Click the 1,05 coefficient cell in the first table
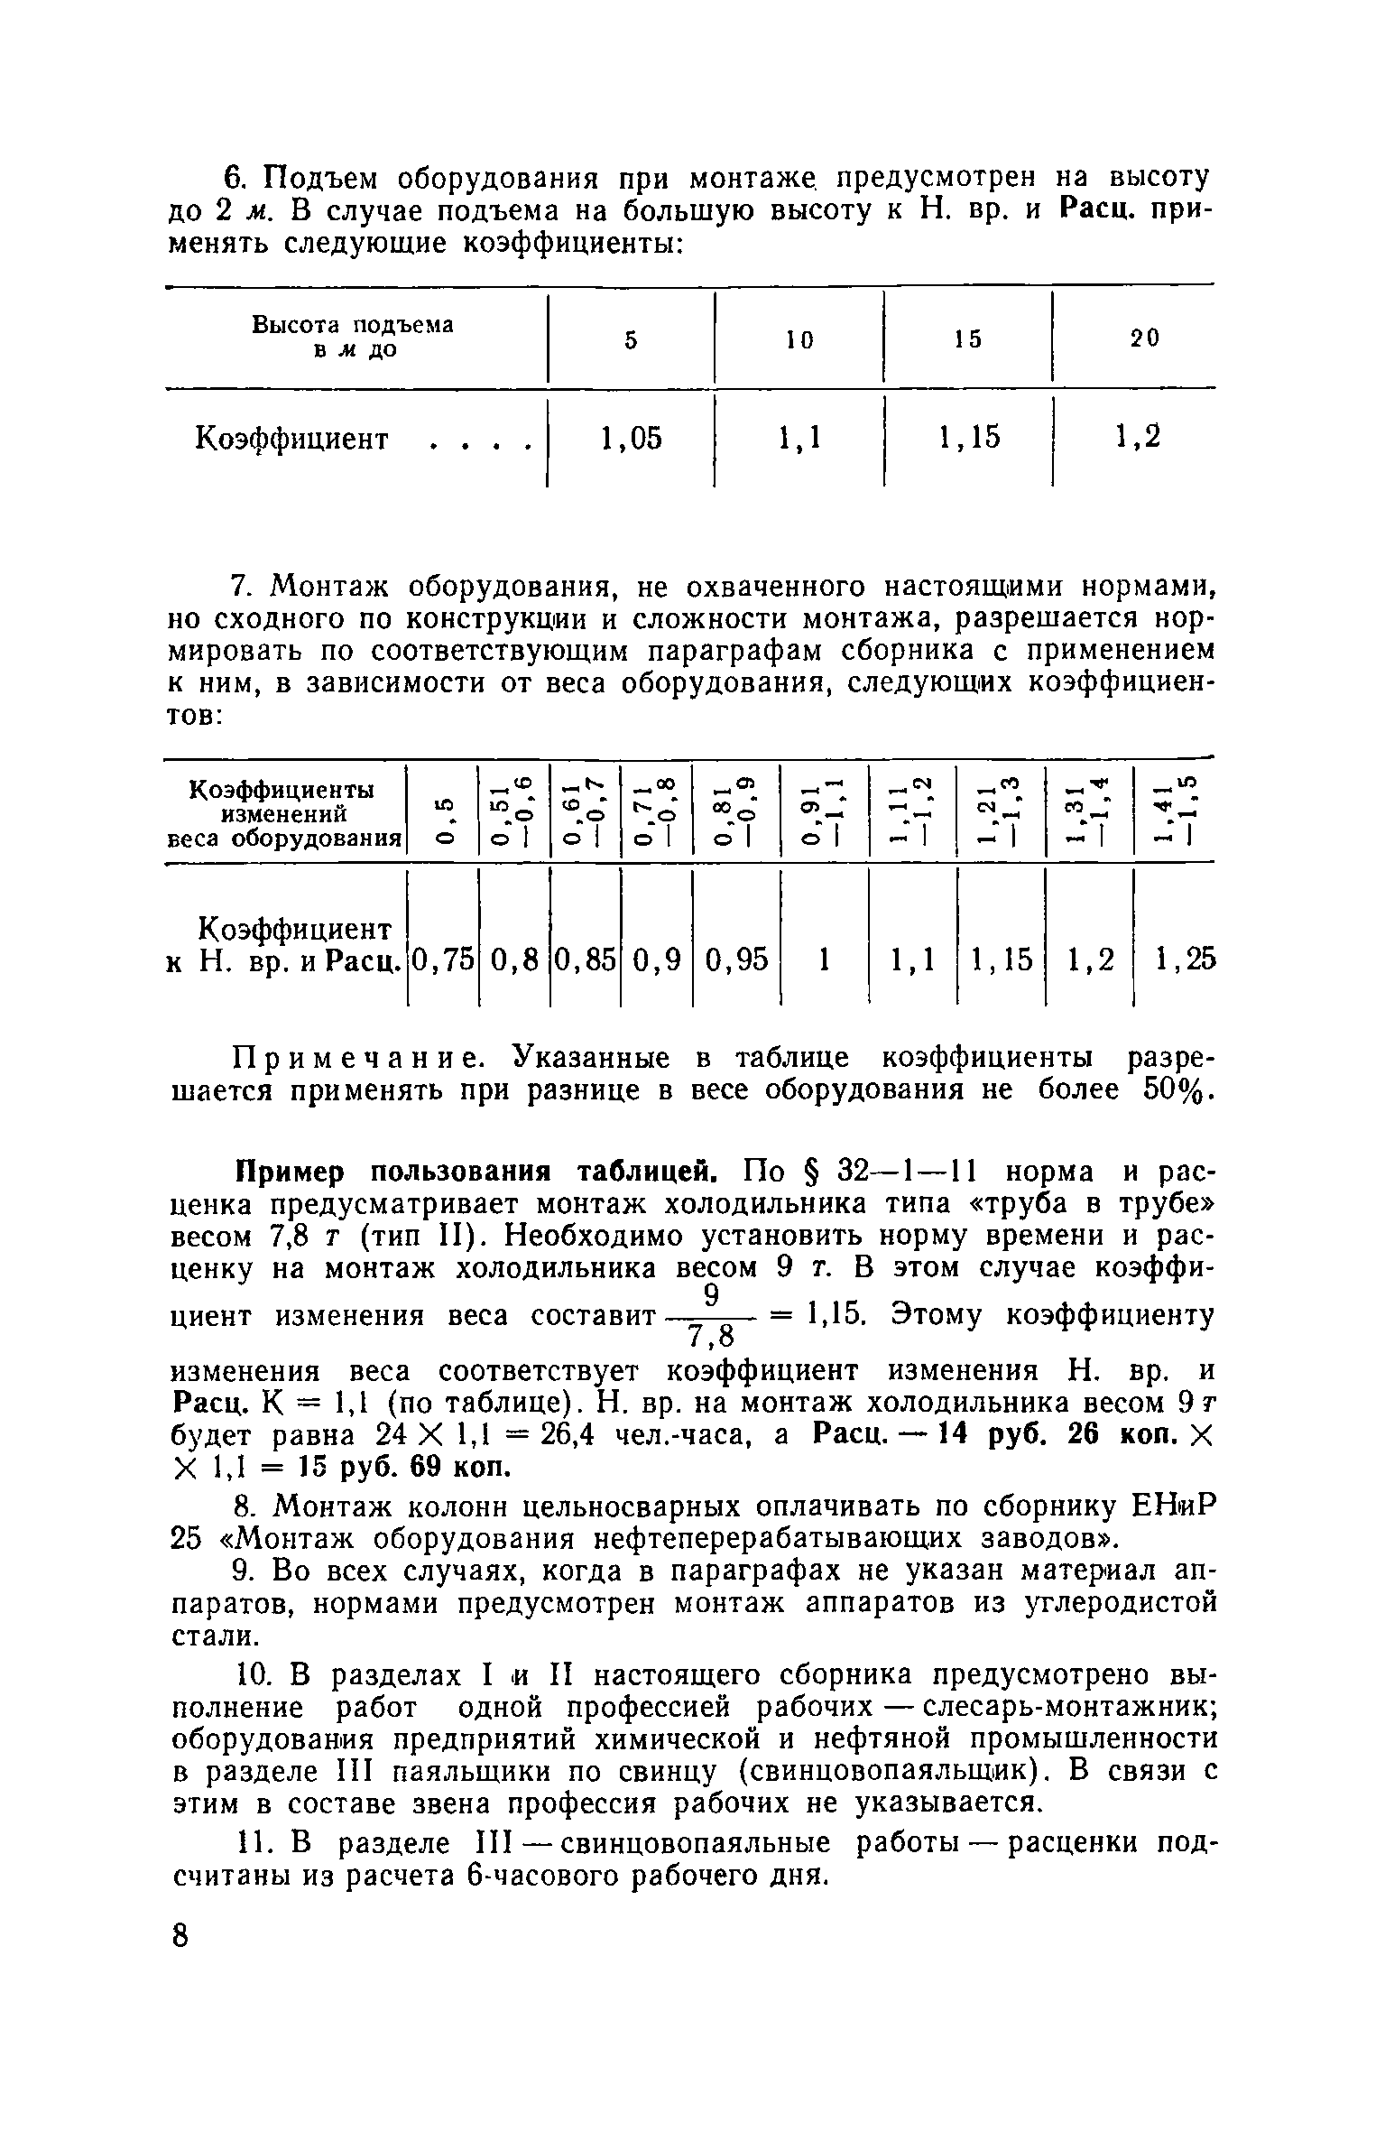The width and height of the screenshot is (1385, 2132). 631,439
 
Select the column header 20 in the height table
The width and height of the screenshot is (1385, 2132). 1144,339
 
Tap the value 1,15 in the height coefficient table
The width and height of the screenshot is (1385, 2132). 969,439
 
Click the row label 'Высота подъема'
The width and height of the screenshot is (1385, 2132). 353,325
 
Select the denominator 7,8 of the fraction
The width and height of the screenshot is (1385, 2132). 713,1336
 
